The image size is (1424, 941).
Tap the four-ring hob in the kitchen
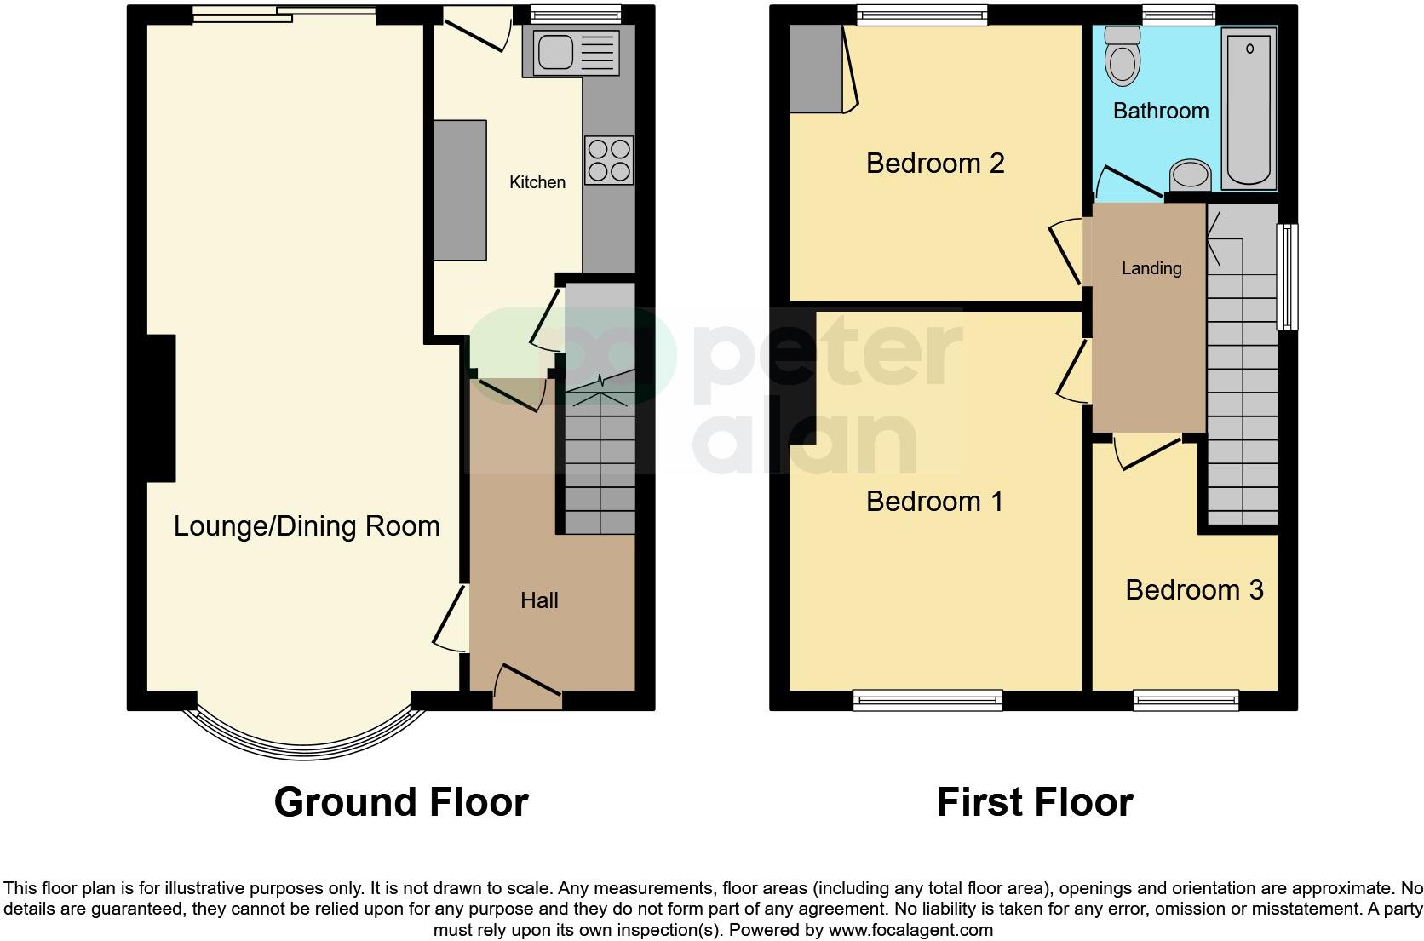point(609,160)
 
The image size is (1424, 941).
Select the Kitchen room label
point(537,182)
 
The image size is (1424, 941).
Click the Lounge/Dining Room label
point(307,526)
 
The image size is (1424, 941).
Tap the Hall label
point(539,601)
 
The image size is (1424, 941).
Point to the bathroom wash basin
point(1191,176)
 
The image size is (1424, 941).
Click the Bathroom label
point(1160,111)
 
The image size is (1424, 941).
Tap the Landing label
point(1151,268)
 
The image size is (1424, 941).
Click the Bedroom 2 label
point(935,163)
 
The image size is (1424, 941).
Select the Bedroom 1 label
point(934,501)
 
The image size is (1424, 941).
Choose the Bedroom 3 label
point(1194,589)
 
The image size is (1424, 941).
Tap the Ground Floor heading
point(401,802)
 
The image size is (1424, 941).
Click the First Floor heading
point(1035,802)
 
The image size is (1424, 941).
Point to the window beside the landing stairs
point(1290,277)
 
